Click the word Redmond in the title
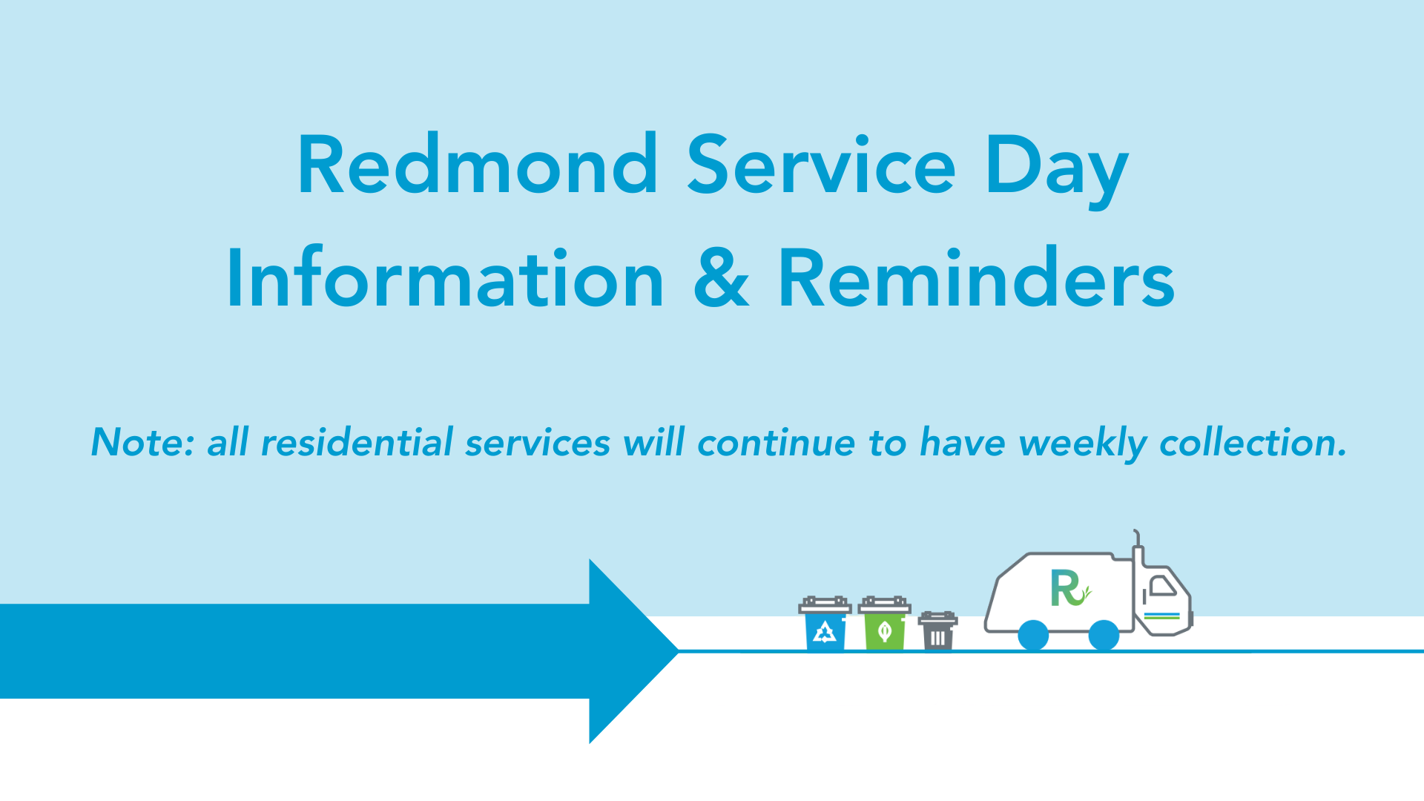[x=478, y=165]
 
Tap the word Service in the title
[x=822, y=165]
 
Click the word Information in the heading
[x=446, y=278]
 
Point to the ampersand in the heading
[x=721, y=277]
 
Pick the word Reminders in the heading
[x=976, y=278]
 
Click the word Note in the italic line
[x=143, y=443]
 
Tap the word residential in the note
[x=357, y=443]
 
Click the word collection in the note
[x=1253, y=443]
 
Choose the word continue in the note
[x=777, y=443]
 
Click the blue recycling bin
[x=825, y=624]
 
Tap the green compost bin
[x=884, y=624]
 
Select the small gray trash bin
[x=937, y=631]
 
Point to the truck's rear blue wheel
[x=1033, y=636]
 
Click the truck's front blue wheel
[x=1104, y=636]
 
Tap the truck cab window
[x=1162, y=586]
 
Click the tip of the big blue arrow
[x=678, y=651]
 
